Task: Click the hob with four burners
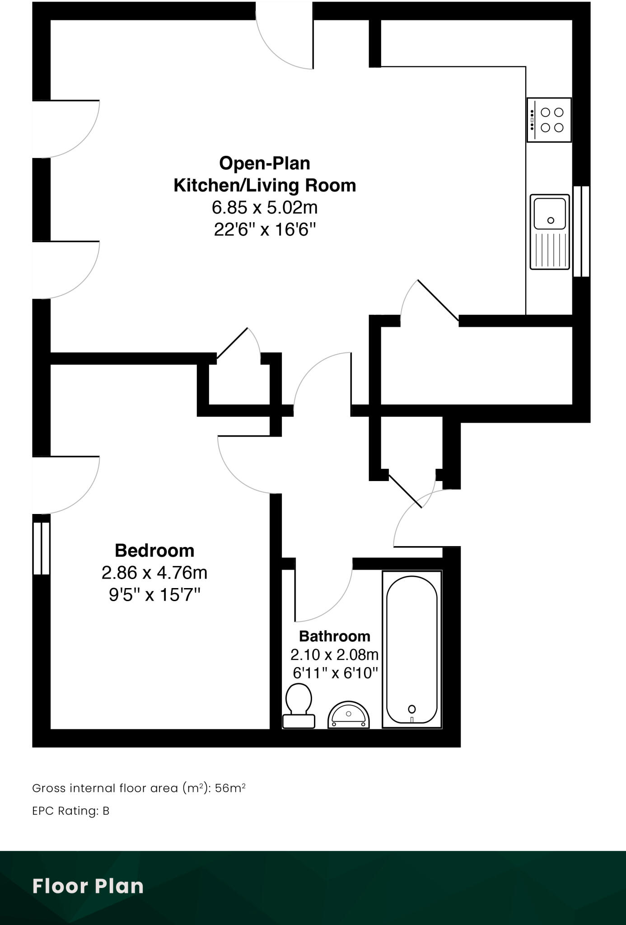pyautogui.click(x=549, y=120)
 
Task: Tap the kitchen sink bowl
pyautogui.click(x=549, y=213)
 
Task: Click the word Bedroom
pyautogui.click(x=154, y=551)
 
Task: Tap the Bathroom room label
pyautogui.click(x=334, y=636)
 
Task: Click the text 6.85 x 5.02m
pyautogui.click(x=265, y=207)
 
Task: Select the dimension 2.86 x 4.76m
pyautogui.click(x=154, y=573)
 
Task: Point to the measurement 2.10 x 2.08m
pyautogui.click(x=334, y=654)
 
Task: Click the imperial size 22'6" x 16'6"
pyautogui.click(x=265, y=230)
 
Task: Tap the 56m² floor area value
pyautogui.click(x=230, y=788)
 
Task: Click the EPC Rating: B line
pyautogui.click(x=71, y=811)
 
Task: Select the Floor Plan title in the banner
pyautogui.click(x=88, y=886)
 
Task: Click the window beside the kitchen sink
pyautogui.click(x=581, y=231)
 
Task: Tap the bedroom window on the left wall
pyautogui.click(x=41, y=548)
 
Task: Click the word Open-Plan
pyautogui.click(x=265, y=163)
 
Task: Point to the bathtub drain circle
pyautogui.click(x=411, y=709)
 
